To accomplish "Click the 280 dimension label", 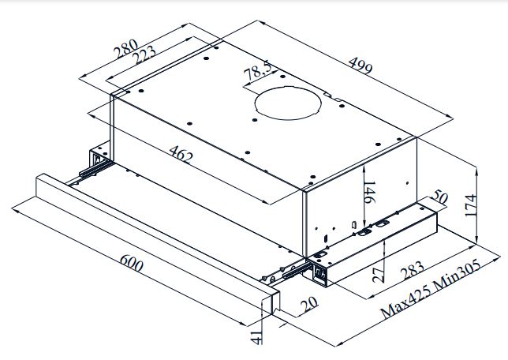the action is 126,49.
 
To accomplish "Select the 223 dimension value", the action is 144,54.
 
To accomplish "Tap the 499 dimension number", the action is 360,66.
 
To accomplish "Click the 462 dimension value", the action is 181,154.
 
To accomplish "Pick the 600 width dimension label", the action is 132,263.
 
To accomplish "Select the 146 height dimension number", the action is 370,193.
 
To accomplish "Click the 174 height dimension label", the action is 471,205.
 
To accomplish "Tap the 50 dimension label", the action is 439,197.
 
